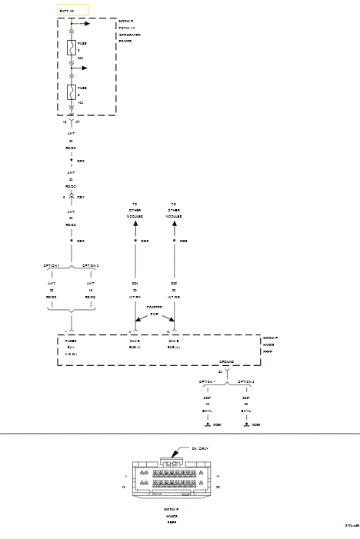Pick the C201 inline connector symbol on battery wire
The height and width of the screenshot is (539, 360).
(x=72, y=198)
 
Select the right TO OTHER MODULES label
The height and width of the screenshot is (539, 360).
(x=174, y=209)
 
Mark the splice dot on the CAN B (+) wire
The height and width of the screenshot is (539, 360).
(x=174, y=241)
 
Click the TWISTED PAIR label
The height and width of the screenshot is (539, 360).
(x=155, y=310)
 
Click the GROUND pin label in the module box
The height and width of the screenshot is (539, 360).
(x=227, y=360)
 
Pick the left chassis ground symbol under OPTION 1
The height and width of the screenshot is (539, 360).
(x=207, y=424)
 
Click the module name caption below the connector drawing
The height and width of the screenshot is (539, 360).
(x=171, y=516)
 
